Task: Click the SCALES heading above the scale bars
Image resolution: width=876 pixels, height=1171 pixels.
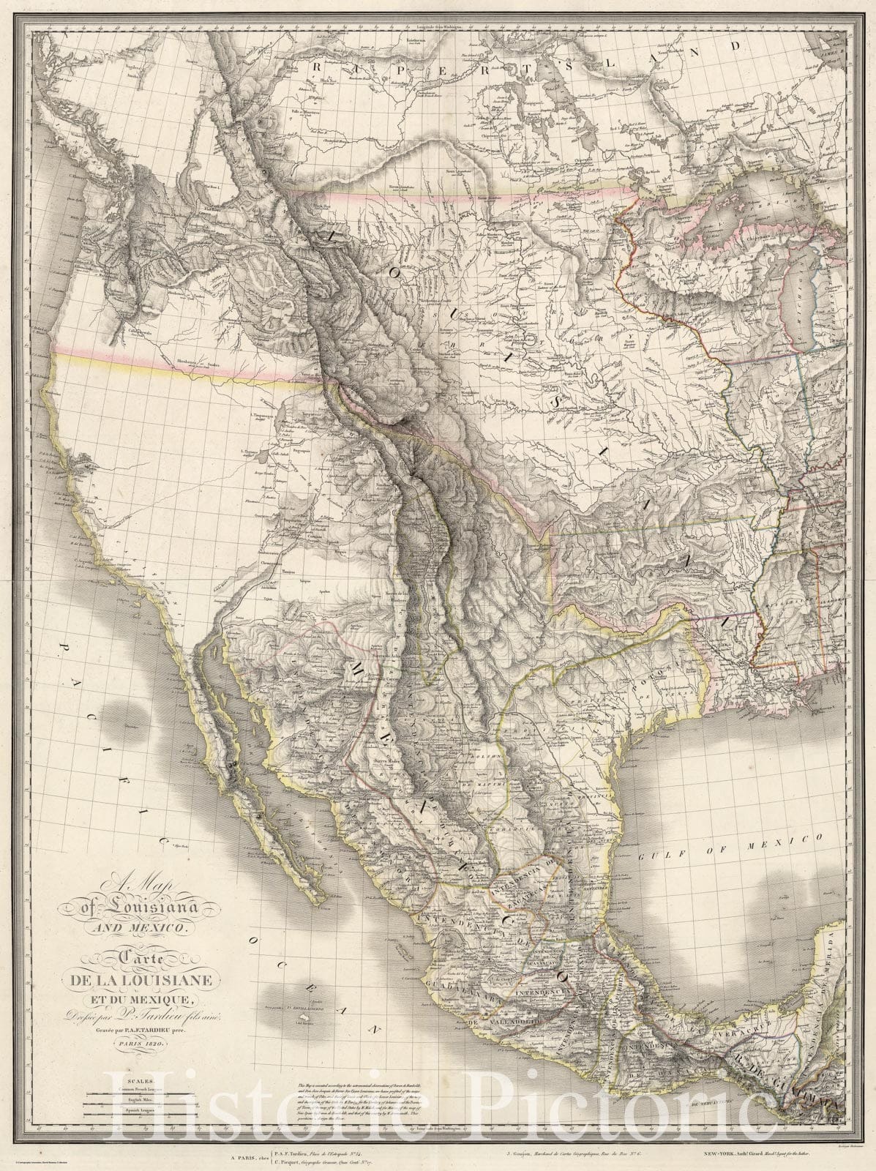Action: [x=140, y=1080]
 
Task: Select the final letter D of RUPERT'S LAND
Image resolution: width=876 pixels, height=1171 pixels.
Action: [x=741, y=45]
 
